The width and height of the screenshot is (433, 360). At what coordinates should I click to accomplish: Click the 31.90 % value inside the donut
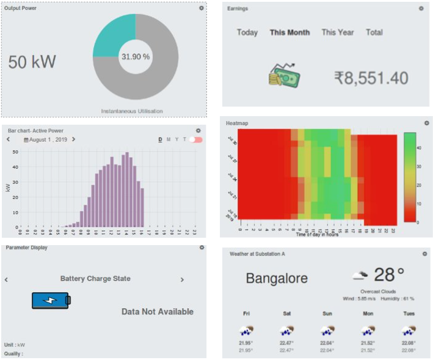136,57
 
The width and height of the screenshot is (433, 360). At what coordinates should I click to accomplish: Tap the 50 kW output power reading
32,62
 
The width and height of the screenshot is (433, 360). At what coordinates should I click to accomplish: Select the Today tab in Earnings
247,32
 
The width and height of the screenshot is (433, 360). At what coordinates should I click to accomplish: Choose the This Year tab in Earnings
338,32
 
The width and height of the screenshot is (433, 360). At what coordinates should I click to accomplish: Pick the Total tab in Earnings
374,32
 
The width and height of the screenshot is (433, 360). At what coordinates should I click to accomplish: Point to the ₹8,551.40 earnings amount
371,78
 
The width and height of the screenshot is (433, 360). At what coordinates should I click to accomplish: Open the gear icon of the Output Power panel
202,8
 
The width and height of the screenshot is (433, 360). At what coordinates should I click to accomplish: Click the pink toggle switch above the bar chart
196,139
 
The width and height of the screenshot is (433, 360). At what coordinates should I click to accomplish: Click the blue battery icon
51,300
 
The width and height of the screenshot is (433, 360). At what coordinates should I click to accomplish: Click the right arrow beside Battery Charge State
182,279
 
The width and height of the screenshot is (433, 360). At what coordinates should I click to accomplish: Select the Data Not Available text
158,312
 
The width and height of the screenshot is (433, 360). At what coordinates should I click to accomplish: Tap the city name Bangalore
277,279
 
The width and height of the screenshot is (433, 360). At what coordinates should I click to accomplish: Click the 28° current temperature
389,274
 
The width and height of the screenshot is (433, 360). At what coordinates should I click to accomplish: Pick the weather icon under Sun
327,330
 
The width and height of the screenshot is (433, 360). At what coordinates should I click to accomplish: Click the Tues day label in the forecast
409,314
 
